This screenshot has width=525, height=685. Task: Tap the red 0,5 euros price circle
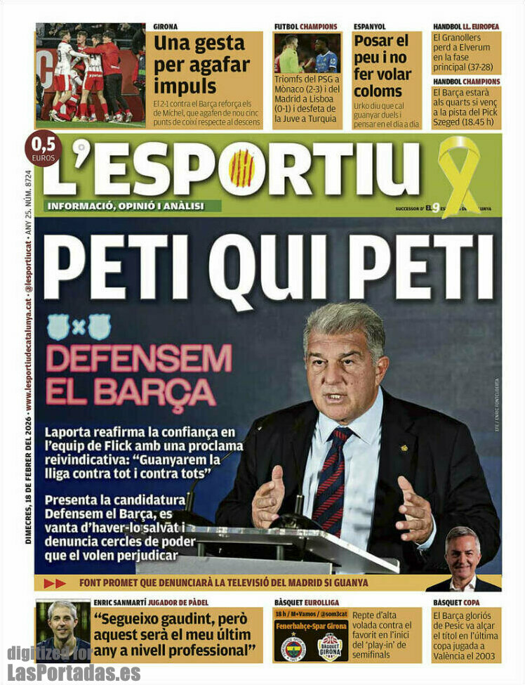(43, 148)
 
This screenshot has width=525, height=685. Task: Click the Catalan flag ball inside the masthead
(241, 169)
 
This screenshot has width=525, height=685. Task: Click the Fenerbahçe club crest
(293, 648)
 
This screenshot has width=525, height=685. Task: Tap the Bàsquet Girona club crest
(329, 648)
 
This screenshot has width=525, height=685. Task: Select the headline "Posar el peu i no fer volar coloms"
(381, 66)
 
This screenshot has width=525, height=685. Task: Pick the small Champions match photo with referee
(307, 53)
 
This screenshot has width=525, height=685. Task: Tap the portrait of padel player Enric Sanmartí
(63, 630)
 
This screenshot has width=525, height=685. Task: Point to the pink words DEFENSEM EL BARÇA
(138, 376)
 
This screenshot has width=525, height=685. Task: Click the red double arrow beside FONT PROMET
(54, 583)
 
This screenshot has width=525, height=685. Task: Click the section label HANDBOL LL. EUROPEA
(465, 27)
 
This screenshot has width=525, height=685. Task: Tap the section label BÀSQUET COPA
(457, 602)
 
